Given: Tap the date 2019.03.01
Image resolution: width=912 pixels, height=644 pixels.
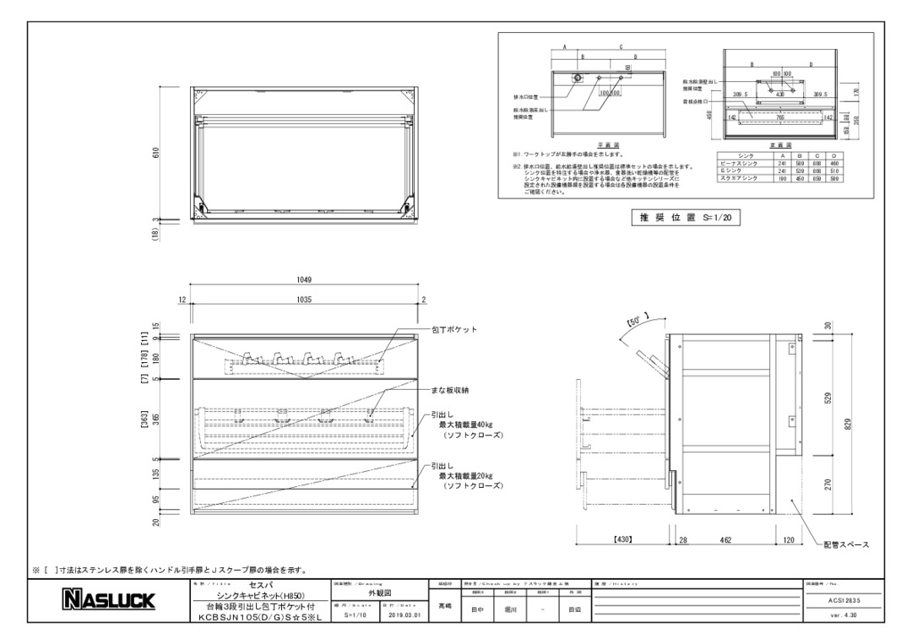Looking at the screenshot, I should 404,615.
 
